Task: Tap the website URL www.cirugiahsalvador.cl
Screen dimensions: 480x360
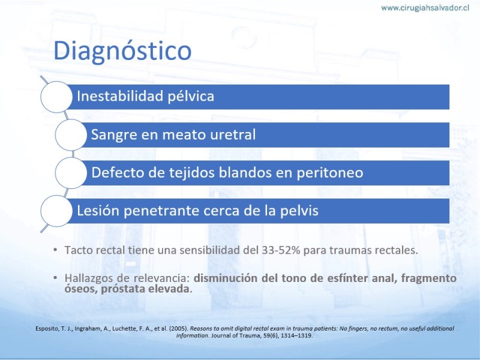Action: click(x=425, y=8)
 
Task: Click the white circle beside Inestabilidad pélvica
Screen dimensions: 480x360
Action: click(x=56, y=97)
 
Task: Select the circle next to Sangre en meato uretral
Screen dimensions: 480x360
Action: click(x=71, y=134)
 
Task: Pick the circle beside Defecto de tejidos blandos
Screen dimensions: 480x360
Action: click(x=71, y=173)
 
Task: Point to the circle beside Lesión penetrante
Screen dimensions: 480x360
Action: click(x=56, y=211)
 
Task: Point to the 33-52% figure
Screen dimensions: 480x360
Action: click(x=281, y=250)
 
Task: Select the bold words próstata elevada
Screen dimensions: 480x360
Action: click(x=145, y=289)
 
